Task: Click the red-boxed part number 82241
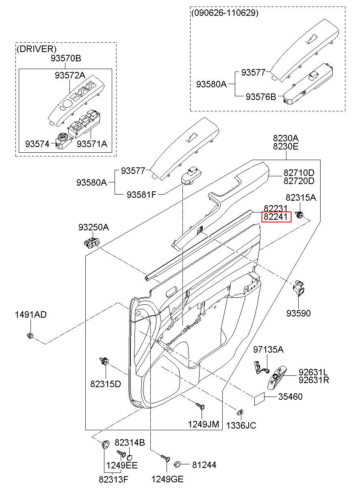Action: (x=276, y=217)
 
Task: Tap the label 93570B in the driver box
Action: (x=66, y=58)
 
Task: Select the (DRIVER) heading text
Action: (x=37, y=49)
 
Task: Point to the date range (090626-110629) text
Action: (x=225, y=13)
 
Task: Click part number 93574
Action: (x=37, y=144)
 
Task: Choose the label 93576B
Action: (x=261, y=97)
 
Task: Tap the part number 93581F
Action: (x=141, y=194)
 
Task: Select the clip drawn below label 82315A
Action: (x=299, y=215)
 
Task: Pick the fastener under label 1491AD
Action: (x=30, y=336)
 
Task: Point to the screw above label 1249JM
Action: (x=201, y=405)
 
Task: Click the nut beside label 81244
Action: (x=177, y=464)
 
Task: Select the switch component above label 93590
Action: (x=298, y=288)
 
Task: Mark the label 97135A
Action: (x=268, y=349)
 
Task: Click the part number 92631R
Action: (x=313, y=380)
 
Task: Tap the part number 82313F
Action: (x=113, y=480)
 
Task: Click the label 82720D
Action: (x=299, y=181)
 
